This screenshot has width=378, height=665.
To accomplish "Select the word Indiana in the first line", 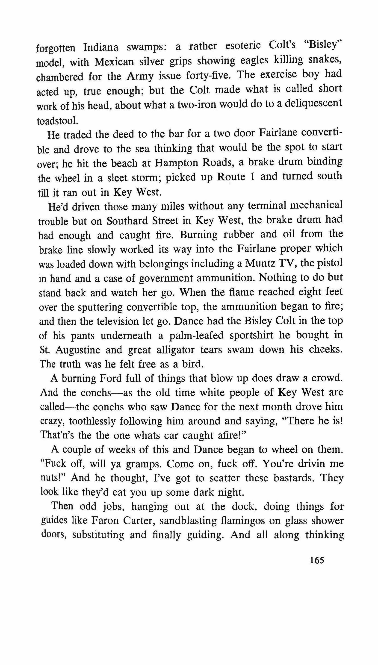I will point(101,47).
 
